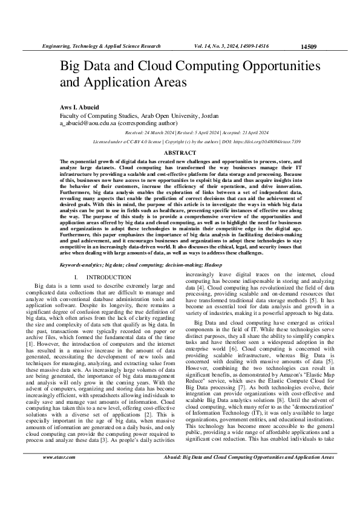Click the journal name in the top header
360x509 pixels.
(x=100, y=46)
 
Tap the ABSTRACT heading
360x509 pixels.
(x=180, y=153)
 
